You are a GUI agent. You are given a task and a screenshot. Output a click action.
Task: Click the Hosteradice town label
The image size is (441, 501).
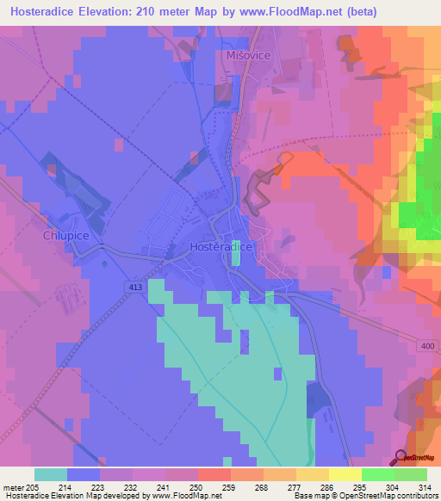220,246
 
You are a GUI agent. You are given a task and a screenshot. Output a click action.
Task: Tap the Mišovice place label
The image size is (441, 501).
249,54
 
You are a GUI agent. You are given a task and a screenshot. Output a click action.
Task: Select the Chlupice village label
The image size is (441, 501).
66,234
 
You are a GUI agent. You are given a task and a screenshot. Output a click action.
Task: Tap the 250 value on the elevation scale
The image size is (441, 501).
197,487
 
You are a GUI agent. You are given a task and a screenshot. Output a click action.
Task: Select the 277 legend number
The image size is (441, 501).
295,487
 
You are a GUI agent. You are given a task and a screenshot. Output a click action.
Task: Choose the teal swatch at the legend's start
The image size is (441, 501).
50,474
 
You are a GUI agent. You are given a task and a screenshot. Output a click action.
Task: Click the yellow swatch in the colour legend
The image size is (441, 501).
345,474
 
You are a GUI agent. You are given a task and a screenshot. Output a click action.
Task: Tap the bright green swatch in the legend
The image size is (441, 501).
377,474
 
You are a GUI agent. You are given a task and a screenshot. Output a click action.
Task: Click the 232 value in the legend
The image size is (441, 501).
132,487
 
